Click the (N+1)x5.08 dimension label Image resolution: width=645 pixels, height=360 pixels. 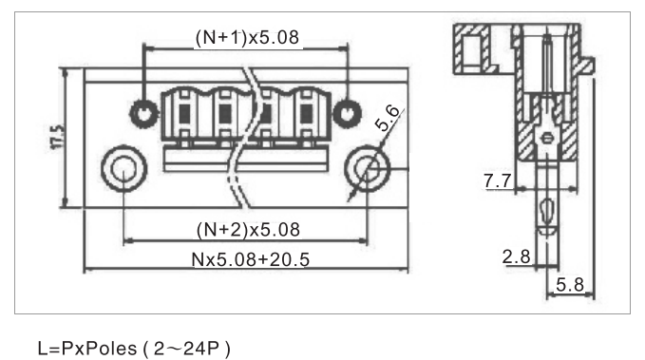pos(247,37)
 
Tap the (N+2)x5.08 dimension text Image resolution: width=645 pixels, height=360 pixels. pos(248,230)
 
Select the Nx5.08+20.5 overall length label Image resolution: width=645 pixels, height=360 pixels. pos(250,259)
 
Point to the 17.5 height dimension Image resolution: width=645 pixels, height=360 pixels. pos(58,137)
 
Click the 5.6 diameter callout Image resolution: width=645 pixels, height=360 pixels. pos(388,119)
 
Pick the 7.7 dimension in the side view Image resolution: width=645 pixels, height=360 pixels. pos(498,180)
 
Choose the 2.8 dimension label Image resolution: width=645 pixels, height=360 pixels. pos(516,256)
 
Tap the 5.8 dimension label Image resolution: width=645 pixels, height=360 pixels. pos(570,285)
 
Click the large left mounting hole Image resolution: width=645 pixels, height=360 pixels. pos(123,169)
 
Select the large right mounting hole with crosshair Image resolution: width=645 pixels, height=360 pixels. pos(367,169)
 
